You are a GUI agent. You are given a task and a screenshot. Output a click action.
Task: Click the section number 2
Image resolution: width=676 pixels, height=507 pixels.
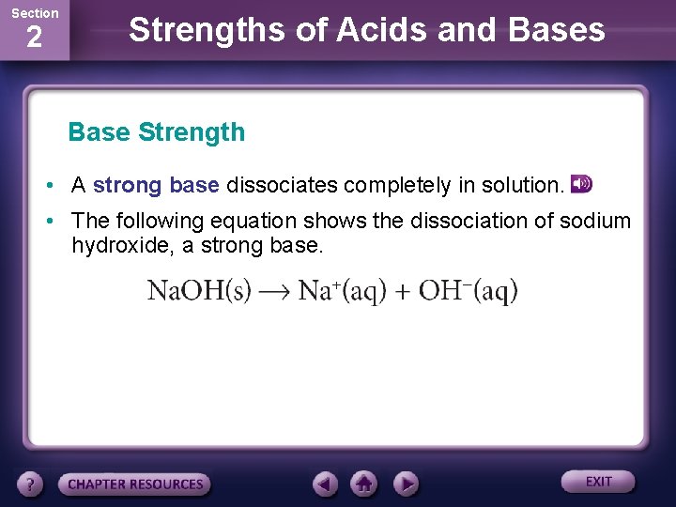[34, 38]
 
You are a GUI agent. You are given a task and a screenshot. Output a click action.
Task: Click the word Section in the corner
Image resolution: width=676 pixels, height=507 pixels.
[34, 13]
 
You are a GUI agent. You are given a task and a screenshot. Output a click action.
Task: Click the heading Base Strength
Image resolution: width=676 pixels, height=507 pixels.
[156, 132]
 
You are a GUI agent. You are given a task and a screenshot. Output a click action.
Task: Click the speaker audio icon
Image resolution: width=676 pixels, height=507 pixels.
[582, 184]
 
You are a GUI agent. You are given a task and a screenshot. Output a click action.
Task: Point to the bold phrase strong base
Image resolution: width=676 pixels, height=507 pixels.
[156, 186]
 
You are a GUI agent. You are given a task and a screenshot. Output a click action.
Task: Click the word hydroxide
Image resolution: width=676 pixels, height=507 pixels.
[117, 246]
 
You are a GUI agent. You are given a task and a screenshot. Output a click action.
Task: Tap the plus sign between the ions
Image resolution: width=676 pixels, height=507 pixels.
[402, 292]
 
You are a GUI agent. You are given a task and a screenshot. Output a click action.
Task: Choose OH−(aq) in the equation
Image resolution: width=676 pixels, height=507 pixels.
[468, 291]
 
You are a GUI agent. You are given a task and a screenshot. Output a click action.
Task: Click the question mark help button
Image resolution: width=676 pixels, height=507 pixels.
[31, 484]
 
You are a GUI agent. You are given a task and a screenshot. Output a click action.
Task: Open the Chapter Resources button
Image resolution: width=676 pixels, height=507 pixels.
[135, 484]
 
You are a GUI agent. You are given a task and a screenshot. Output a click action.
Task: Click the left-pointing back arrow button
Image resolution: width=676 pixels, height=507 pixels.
[326, 484]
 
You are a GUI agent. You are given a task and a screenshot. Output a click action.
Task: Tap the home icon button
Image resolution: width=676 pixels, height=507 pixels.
[364, 484]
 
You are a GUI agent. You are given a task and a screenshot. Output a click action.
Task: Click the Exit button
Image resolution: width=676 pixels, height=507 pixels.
[598, 482]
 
